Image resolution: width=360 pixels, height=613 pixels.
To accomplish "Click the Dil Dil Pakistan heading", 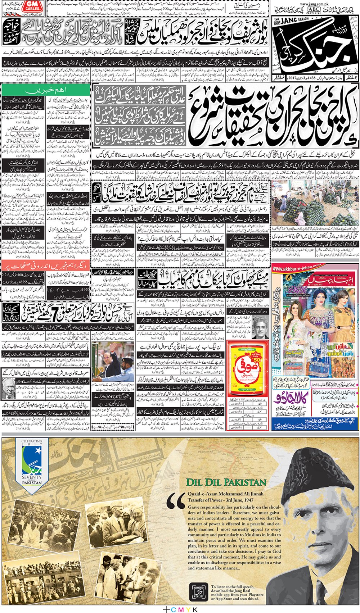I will click(226, 482).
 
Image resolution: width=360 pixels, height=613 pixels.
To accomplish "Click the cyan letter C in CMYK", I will click(174, 610).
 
